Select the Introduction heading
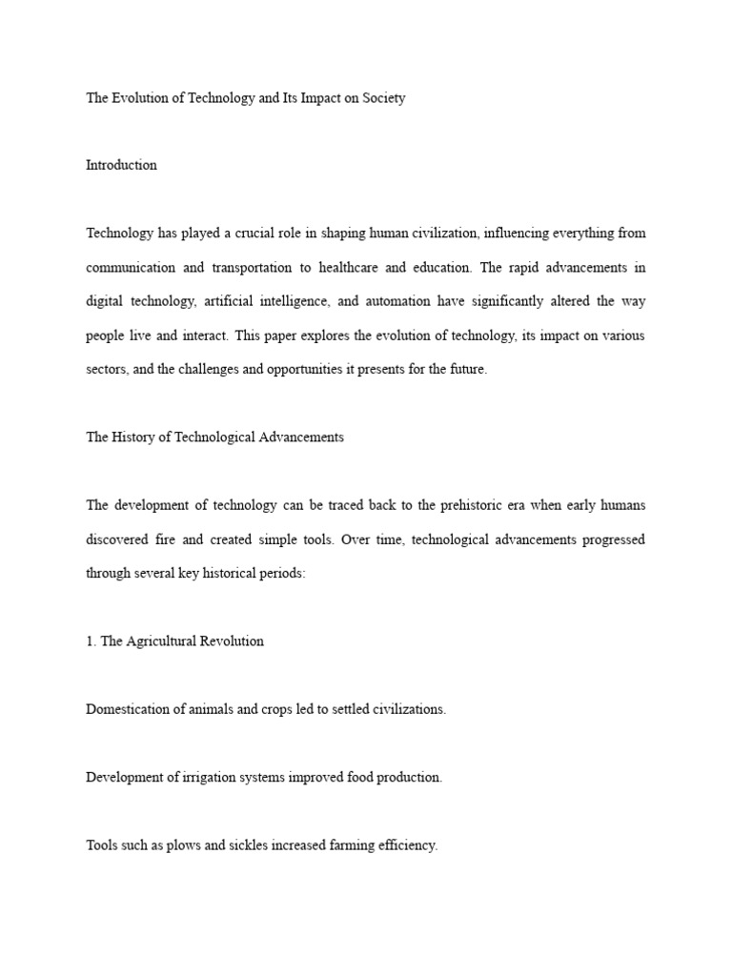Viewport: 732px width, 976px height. click(x=121, y=165)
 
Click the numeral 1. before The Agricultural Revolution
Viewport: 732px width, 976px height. click(x=91, y=641)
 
